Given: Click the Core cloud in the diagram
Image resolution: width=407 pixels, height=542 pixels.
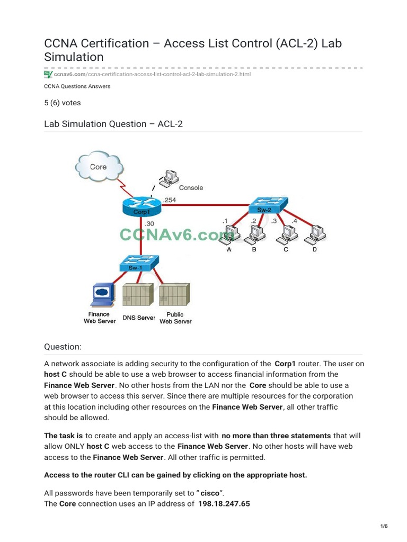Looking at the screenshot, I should pyautogui.click(x=98, y=167).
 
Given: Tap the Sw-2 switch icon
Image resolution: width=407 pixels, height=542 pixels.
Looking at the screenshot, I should pyautogui.click(x=269, y=205).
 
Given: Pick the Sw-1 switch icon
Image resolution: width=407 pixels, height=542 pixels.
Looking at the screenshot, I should pyautogui.click(x=139, y=263).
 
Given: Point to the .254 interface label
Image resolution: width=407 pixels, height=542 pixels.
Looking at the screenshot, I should pyautogui.click(x=170, y=200).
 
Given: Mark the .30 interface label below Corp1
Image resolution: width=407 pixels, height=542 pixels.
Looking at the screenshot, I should pyautogui.click(x=149, y=224).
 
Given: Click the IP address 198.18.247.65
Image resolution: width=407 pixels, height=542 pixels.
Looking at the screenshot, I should pyautogui.click(x=224, y=503).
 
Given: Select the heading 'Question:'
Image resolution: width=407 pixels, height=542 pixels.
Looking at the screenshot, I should pyautogui.click(x=63, y=347).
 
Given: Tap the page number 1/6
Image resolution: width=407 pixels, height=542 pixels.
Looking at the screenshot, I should pyautogui.click(x=384, y=526).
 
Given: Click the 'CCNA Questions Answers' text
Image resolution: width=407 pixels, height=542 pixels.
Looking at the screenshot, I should pyautogui.click(x=77, y=86).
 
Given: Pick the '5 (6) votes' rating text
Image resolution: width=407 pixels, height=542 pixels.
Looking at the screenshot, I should pyautogui.click(x=63, y=103).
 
